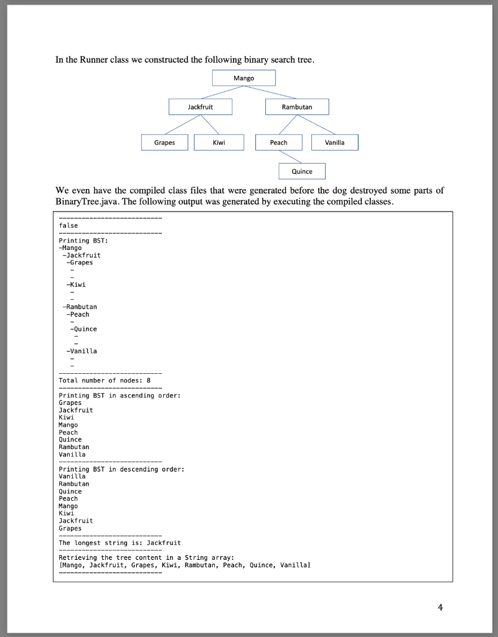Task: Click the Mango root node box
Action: pyautogui.click(x=243, y=78)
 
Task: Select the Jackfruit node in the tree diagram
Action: pyautogui.click(x=200, y=107)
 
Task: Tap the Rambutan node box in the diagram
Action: pyautogui.click(x=297, y=107)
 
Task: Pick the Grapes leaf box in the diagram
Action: pyautogui.click(x=164, y=142)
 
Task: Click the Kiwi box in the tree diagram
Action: pyautogui.click(x=218, y=142)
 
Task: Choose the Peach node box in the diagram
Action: pyautogui.click(x=279, y=142)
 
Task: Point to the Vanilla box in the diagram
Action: pyautogui.click(x=334, y=142)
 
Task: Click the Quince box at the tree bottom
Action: pyautogui.click(x=302, y=171)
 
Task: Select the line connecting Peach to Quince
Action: pyautogui.click(x=290, y=157)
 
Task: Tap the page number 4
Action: pyautogui.click(x=441, y=607)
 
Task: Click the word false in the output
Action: pyautogui.click(x=68, y=225)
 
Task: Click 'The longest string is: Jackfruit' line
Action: pyautogui.click(x=120, y=543)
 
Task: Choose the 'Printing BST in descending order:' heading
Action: pyautogui.click(x=121, y=469)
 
